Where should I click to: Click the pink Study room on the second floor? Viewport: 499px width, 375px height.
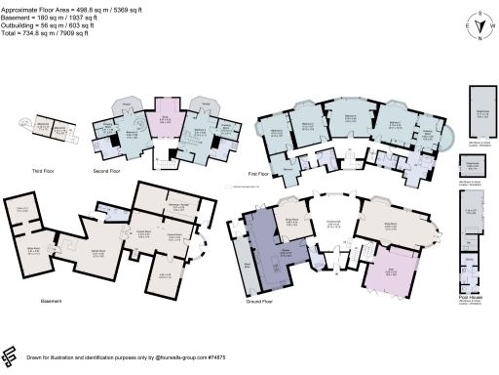[x=165, y=124]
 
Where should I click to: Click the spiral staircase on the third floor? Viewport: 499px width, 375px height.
[x=26, y=125]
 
